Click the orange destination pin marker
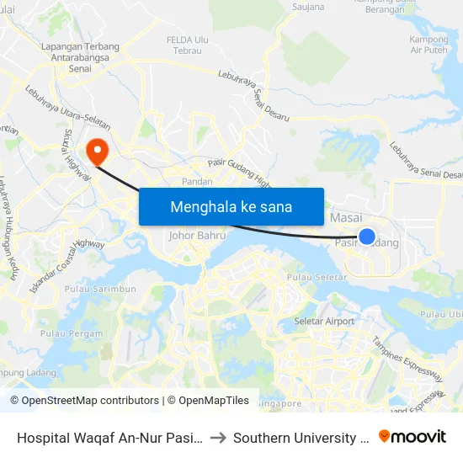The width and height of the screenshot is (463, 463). click(98, 151)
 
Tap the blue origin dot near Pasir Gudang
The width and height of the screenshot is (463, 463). click(367, 237)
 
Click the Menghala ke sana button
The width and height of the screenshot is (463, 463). click(231, 206)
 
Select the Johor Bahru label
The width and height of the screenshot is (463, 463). click(198, 236)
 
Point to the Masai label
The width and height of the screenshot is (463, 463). click(346, 218)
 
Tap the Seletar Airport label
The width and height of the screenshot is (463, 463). click(324, 322)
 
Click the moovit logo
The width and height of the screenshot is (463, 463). click(412, 436)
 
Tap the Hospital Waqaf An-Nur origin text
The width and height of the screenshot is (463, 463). click(109, 438)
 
